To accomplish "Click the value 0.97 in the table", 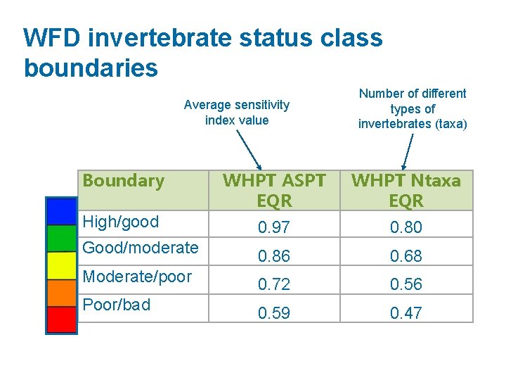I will click(x=273, y=227).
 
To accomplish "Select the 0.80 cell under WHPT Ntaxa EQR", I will click(x=406, y=227).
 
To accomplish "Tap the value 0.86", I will click(x=273, y=255).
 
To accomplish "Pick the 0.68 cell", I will click(x=406, y=255).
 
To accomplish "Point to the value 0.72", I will click(x=273, y=284).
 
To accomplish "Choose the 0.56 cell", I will click(x=406, y=284).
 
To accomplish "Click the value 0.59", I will click(x=273, y=312).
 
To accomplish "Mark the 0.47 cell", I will click(x=406, y=312).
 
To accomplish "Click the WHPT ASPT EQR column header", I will click(x=273, y=190).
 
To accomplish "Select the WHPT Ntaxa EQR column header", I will click(x=406, y=190).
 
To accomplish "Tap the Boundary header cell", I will click(x=123, y=181).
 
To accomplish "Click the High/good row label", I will click(x=121, y=222).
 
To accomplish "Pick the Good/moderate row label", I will click(x=141, y=248).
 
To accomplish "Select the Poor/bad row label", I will click(x=117, y=305).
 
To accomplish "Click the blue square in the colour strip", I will click(x=61, y=211).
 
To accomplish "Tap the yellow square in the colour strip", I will click(x=61, y=265).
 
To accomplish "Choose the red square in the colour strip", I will click(x=61, y=319).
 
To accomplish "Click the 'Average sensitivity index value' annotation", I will click(x=236, y=113).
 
